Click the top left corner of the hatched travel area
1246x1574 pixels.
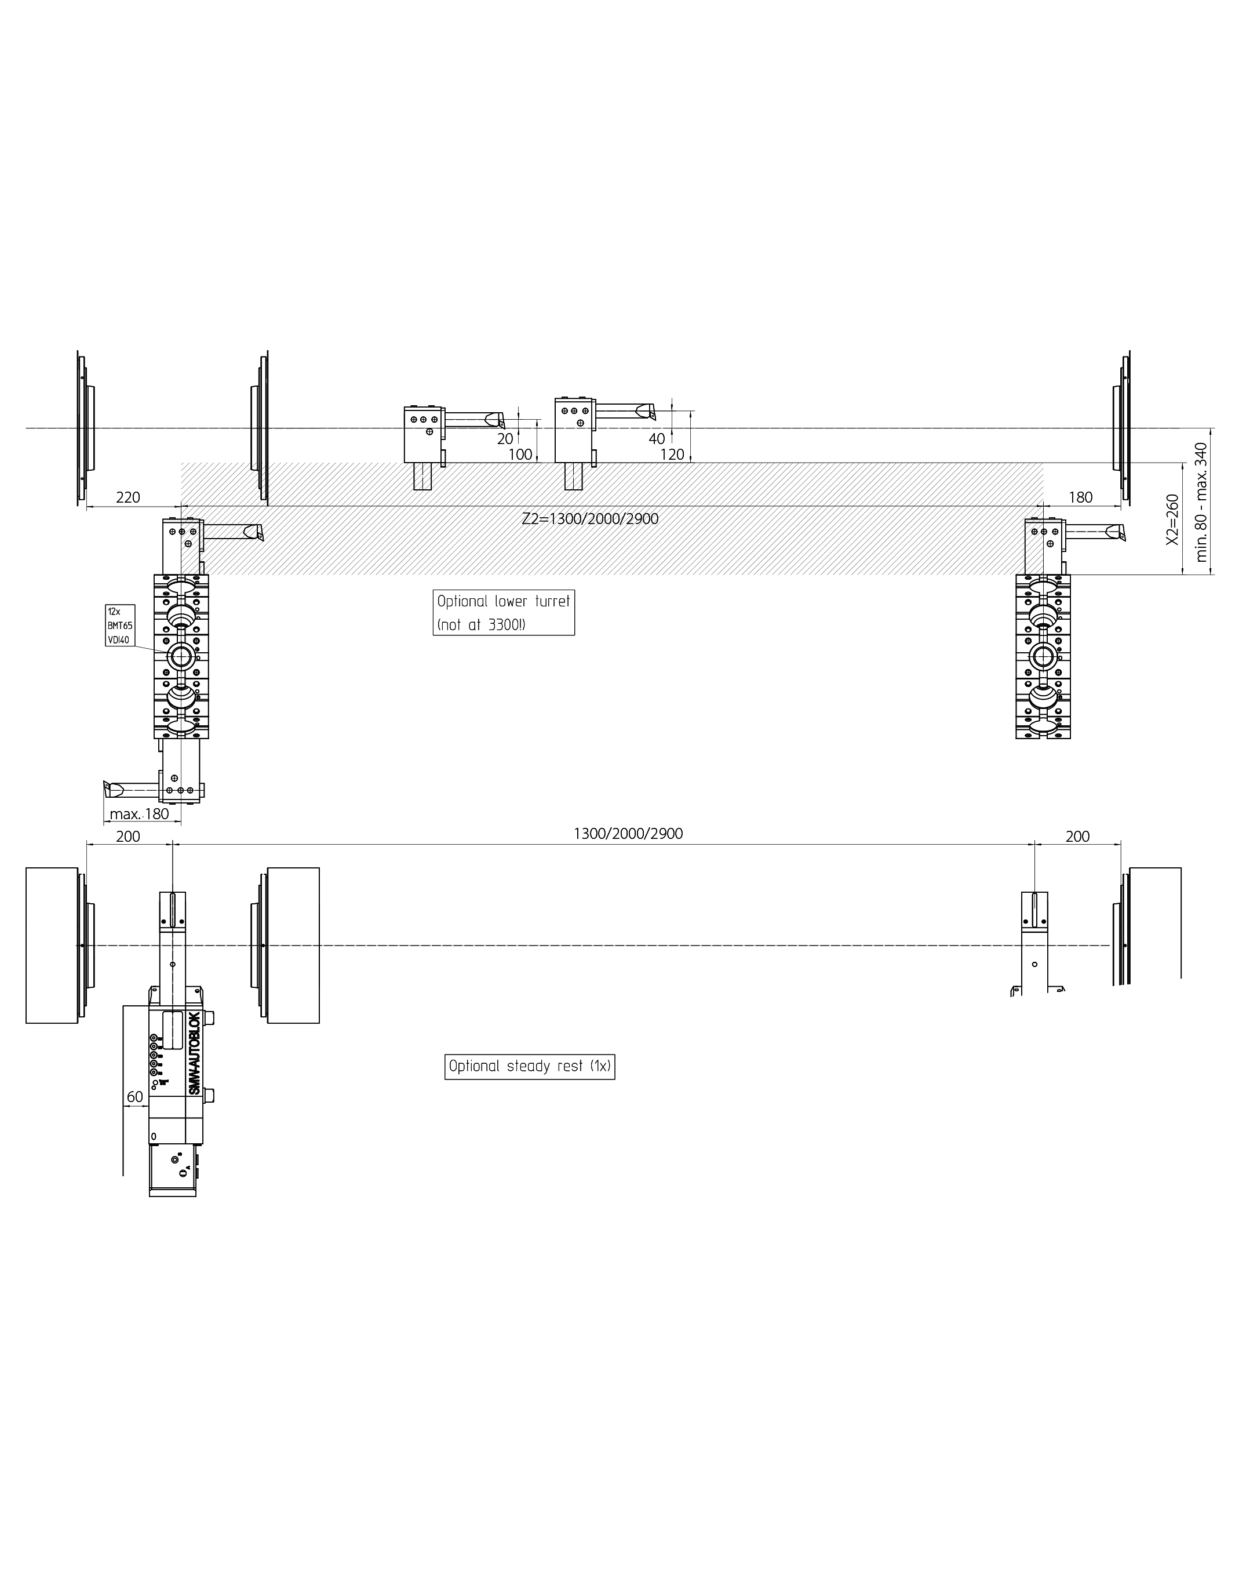click(181, 463)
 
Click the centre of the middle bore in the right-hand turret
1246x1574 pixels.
click(1043, 657)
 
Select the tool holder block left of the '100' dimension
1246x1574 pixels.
click(423, 435)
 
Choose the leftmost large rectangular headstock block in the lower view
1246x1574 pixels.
click(52, 945)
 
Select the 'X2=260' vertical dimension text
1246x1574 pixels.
click(1172, 519)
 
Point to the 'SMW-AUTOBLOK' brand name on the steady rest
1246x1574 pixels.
click(194, 1052)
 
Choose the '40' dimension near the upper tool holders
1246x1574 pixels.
click(657, 438)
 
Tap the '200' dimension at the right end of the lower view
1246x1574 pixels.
click(1077, 836)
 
